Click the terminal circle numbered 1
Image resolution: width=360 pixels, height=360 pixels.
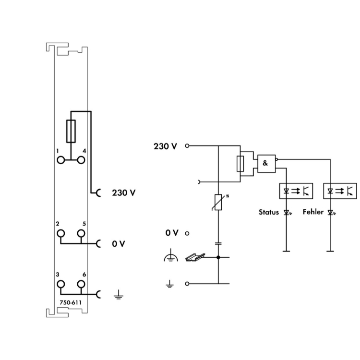(60, 160)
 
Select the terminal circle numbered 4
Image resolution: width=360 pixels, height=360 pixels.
(81, 160)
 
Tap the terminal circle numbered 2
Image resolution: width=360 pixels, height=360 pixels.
(60, 234)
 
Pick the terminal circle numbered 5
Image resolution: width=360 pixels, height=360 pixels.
(81, 234)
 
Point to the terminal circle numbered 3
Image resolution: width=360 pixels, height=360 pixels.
(60, 284)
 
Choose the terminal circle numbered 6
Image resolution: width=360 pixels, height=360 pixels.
(81, 284)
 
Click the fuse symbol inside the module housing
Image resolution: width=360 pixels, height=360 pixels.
(71, 131)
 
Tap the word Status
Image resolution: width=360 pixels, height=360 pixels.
(268, 212)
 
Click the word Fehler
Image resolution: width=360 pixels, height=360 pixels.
(313, 212)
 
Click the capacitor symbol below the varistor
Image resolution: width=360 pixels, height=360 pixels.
(219, 243)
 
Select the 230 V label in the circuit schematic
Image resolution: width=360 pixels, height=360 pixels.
(165, 145)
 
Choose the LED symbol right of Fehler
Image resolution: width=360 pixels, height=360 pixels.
(330, 212)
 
